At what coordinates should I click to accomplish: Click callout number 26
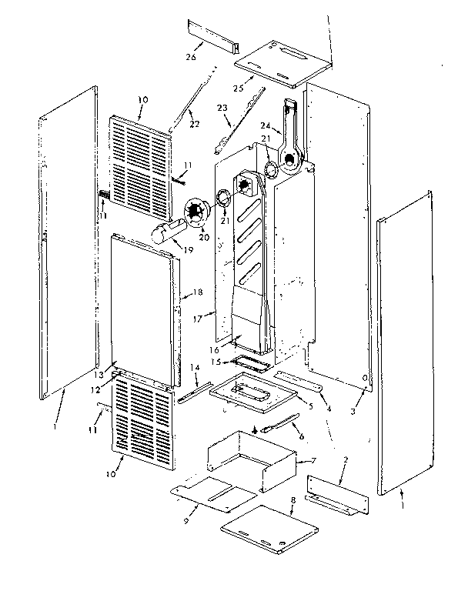tap(191, 57)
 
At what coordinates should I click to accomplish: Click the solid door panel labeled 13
tap(142, 308)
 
